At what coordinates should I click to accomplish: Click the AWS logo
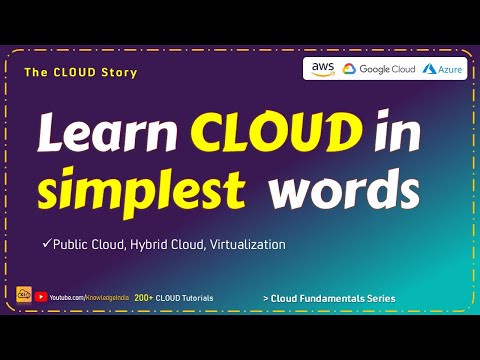(323, 69)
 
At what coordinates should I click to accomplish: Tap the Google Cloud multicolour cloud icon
(349, 69)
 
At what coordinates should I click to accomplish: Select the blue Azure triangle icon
(429, 69)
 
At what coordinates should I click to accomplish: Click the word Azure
(450, 69)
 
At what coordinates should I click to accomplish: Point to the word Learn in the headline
(107, 132)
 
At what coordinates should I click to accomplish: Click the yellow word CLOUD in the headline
(277, 131)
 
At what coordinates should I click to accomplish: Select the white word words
(344, 189)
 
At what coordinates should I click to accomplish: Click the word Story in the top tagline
(119, 72)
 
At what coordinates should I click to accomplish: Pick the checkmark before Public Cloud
(46, 243)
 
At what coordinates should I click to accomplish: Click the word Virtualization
(248, 244)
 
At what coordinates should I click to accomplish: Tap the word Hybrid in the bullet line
(149, 245)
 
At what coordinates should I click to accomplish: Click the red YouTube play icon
(41, 297)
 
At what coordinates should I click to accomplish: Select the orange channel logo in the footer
(24, 294)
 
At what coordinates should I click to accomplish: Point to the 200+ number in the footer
(143, 298)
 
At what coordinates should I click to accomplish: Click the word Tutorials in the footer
(198, 298)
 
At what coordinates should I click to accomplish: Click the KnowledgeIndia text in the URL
(107, 298)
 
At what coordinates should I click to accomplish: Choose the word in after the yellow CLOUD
(397, 130)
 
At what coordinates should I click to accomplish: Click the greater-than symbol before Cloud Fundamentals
(266, 299)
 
